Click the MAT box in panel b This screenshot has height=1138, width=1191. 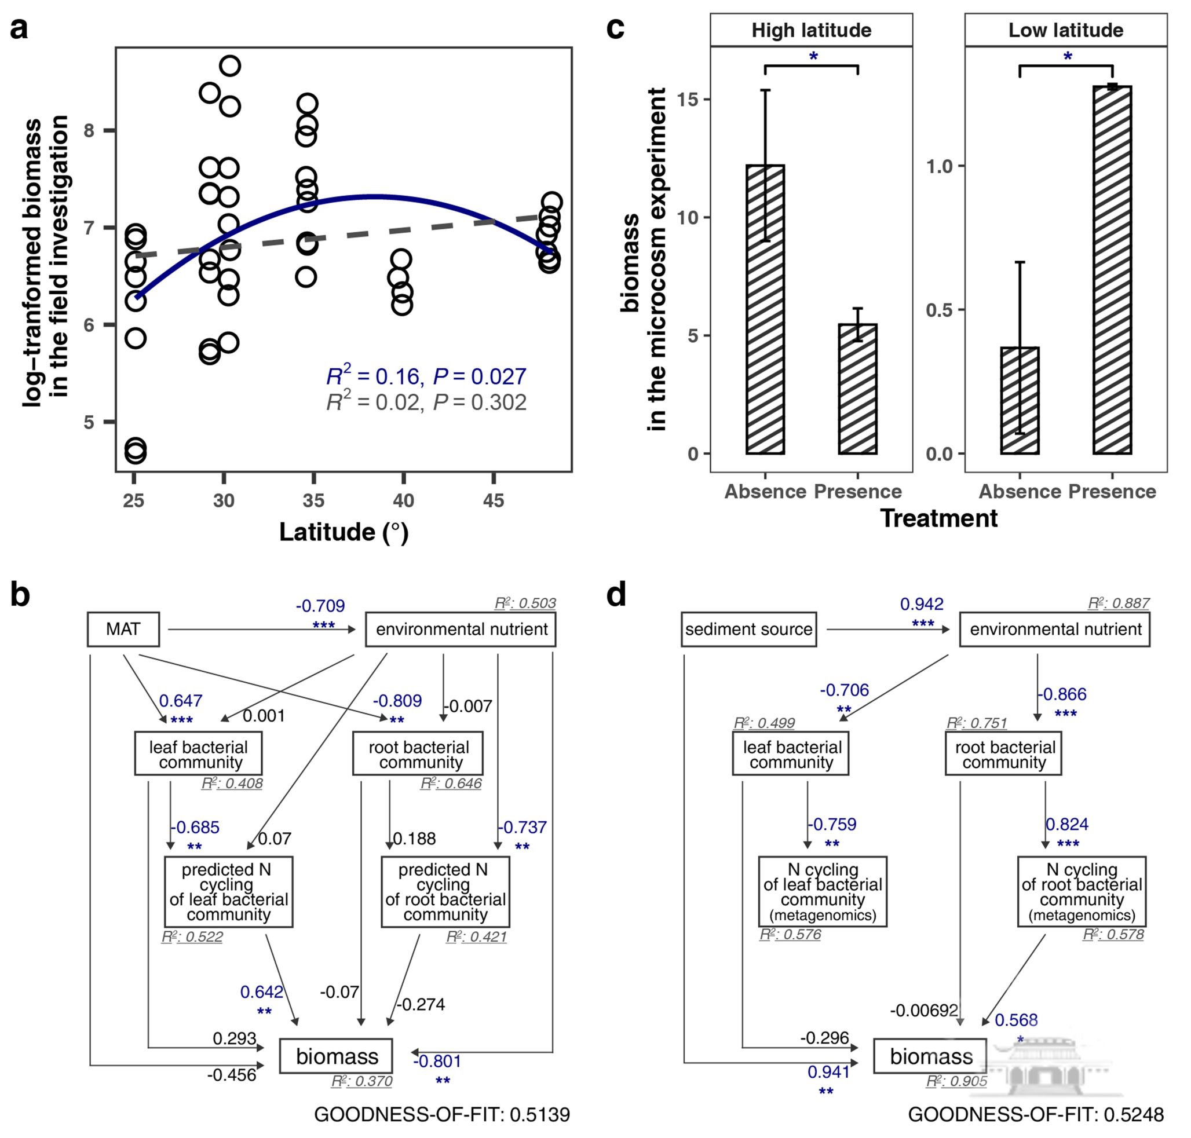point(123,629)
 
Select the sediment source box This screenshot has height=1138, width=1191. point(748,629)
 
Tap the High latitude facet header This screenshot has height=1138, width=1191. point(810,30)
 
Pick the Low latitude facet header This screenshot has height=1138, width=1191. point(1065,30)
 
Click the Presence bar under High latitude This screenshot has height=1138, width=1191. point(857,389)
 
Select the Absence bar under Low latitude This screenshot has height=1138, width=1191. point(1020,400)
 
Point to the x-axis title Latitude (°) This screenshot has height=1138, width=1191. point(344,532)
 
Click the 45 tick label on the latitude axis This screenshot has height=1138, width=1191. point(494,500)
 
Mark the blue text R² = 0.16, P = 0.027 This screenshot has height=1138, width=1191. point(426,376)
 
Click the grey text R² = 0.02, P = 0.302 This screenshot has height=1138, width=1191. point(426,402)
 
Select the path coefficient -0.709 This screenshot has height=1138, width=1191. point(320,605)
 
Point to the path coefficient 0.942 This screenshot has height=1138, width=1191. point(921,604)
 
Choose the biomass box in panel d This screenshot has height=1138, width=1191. point(930,1056)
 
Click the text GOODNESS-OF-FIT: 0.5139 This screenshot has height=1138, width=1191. point(441,1114)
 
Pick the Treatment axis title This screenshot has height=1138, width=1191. point(938,518)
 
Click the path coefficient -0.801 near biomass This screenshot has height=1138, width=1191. point(437,1061)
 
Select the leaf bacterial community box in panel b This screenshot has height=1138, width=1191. point(198,754)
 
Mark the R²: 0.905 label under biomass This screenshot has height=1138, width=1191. point(956,1082)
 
